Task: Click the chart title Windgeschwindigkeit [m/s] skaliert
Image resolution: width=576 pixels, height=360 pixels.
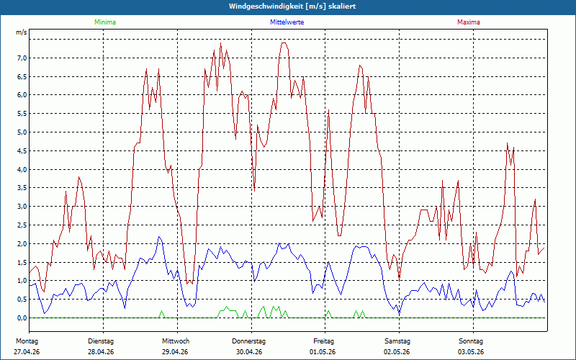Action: (292, 6)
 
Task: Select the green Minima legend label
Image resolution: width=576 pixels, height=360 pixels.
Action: (105, 22)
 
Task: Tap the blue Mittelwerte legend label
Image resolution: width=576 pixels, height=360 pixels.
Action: (287, 22)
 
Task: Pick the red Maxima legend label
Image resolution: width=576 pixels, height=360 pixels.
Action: (469, 22)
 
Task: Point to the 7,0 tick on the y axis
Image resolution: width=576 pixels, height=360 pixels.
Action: (22, 58)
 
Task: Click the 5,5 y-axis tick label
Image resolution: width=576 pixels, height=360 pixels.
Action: (22, 114)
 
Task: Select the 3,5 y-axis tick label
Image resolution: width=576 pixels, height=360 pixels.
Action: (22, 188)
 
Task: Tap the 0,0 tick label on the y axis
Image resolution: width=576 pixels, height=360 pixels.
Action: (22, 318)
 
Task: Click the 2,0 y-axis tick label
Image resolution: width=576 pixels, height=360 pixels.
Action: (22, 243)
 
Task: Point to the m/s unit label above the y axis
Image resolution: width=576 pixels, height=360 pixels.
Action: (22, 32)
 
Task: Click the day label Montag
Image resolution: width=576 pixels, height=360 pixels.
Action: (27, 341)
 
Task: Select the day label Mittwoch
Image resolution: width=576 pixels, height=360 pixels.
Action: (176, 341)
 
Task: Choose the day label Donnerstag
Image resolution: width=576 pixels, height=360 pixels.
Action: (248, 341)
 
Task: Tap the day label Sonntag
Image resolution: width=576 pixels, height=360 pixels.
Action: (471, 341)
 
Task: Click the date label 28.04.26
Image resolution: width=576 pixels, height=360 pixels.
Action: (101, 352)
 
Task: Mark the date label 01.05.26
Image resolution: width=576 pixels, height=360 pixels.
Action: (323, 352)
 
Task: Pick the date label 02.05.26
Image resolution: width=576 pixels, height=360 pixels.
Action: (397, 352)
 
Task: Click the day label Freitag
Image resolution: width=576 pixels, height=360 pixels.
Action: (323, 341)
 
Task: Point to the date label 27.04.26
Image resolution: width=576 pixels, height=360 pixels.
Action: (27, 352)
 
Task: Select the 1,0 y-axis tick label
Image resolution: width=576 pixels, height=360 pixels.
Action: (22, 281)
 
